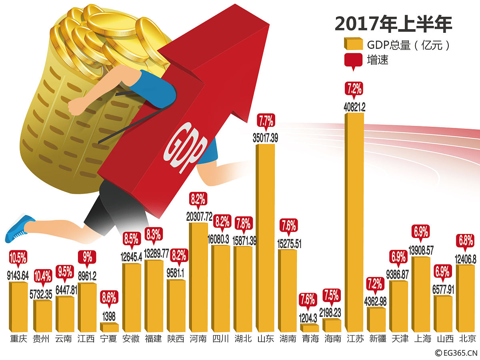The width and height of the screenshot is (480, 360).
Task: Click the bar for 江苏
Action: (x=354, y=222)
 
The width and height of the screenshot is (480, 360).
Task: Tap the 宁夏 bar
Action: (x=109, y=328)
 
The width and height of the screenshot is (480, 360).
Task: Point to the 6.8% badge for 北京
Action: (x=465, y=241)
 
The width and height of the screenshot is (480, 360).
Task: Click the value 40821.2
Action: (x=354, y=107)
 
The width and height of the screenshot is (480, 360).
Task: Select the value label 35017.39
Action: (x=265, y=138)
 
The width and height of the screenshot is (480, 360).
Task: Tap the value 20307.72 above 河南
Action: (x=198, y=217)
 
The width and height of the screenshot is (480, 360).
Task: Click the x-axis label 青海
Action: (x=310, y=339)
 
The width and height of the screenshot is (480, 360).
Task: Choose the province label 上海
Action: (x=421, y=339)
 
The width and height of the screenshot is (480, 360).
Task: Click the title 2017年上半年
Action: (x=393, y=24)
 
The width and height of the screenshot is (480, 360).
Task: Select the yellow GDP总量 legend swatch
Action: (x=352, y=44)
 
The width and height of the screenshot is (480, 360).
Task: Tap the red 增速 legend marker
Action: (x=352, y=60)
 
